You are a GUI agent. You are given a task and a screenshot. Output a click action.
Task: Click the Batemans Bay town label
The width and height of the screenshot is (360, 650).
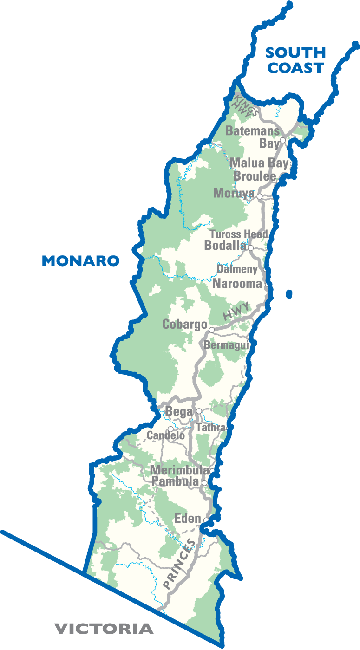pos(253,137)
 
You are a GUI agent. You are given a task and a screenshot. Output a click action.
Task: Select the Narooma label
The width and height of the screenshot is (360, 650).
pos(237,284)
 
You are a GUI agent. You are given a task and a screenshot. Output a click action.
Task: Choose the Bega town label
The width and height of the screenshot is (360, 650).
pos(179,411)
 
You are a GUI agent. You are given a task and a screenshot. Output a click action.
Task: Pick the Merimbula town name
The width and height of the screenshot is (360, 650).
pos(179,470)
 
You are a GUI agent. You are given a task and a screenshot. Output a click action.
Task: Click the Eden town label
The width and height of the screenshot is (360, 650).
pos(188,519)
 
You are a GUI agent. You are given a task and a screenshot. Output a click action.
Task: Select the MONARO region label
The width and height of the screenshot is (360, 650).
pos(80,261)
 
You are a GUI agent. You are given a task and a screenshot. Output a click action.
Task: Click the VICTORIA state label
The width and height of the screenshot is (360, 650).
pos(104,629)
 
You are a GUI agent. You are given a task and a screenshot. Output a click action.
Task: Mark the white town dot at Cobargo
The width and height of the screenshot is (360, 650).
pos(212,330)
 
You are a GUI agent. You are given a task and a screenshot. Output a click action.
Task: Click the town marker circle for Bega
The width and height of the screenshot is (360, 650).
pos(199,411)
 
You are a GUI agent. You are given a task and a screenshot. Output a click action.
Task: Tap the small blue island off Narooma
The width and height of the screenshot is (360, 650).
pos(289,294)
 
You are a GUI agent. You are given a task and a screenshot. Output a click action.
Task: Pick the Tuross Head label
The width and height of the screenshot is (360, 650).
pos(238,234)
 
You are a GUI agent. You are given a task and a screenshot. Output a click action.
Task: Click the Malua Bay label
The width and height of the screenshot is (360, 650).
pos(259,163)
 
